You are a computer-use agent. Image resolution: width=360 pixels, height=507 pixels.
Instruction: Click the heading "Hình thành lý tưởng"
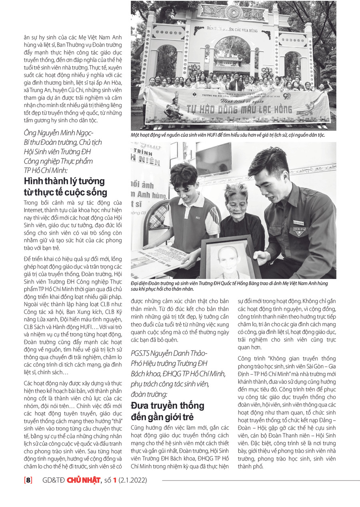point(64,181)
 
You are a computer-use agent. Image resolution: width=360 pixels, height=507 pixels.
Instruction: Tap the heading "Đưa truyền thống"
point(168,405)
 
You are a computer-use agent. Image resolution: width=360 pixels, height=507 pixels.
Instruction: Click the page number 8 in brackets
point(28,480)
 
